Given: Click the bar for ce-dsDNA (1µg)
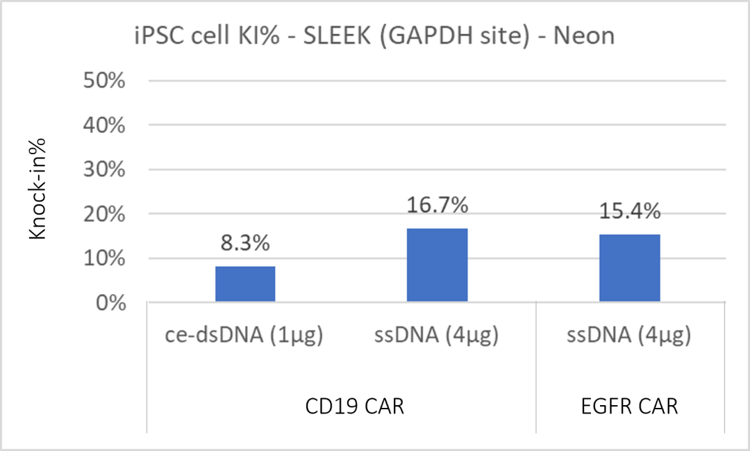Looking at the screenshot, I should pos(245,284).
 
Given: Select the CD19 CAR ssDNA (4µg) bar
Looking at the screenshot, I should pos(437,265).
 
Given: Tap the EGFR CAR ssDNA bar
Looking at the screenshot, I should pos(629,268).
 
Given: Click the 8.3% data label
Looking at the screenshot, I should pos(245,245).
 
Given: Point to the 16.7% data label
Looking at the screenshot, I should pos(437,206).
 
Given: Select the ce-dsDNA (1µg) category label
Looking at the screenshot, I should pos(245,337).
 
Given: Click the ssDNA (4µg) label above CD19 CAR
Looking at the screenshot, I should pos(437,337).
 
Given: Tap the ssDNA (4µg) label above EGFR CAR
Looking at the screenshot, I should pos(629,337).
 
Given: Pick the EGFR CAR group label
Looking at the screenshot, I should pos(629,406).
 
